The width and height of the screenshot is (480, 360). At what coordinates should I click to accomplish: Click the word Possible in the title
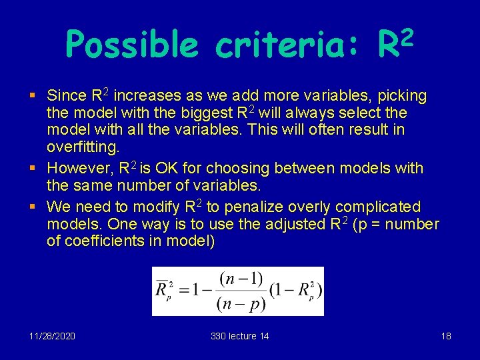(132, 45)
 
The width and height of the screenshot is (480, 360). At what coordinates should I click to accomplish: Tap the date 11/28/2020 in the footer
(53, 336)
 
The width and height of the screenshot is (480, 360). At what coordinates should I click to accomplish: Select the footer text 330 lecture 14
(240, 336)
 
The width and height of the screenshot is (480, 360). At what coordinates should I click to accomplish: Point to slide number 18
(446, 336)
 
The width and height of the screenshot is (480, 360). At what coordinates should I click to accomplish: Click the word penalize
(257, 207)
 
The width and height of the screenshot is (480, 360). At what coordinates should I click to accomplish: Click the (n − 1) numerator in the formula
(241, 277)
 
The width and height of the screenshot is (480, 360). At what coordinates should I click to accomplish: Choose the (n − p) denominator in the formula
(241, 304)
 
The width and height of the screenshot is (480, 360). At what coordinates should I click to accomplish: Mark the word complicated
(377, 207)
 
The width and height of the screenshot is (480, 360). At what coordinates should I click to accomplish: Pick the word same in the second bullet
(96, 185)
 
